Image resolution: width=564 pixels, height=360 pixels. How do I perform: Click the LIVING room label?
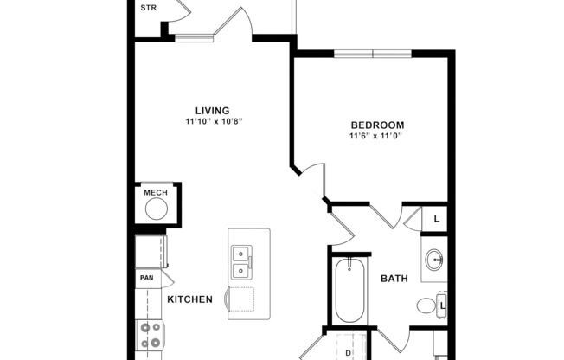(x=212, y=111)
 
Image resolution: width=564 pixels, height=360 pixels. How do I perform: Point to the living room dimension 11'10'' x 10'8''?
(x=212, y=122)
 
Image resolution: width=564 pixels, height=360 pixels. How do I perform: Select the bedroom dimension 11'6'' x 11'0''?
(x=376, y=136)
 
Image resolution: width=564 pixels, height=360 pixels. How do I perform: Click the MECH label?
(x=155, y=192)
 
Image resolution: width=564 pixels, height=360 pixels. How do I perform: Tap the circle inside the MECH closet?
(x=156, y=209)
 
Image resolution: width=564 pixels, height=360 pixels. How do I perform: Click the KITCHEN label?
(x=189, y=299)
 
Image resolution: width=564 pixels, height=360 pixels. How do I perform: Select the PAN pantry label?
(x=146, y=279)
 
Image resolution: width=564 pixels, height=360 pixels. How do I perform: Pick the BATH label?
(x=394, y=279)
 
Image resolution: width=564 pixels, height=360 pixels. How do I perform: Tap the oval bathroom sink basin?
(x=433, y=259)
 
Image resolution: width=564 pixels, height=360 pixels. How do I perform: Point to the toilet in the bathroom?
(x=426, y=305)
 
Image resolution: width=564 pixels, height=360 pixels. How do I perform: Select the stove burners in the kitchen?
(x=151, y=336)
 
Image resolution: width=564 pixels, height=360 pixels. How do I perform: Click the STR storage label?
(x=148, y=8)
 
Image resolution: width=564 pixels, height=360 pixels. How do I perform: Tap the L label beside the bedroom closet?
(x=436, y=220)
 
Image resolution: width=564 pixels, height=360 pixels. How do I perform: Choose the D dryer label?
(x=348, y=353)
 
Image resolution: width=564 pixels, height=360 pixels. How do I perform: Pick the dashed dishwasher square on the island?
(x=240, y=299)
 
